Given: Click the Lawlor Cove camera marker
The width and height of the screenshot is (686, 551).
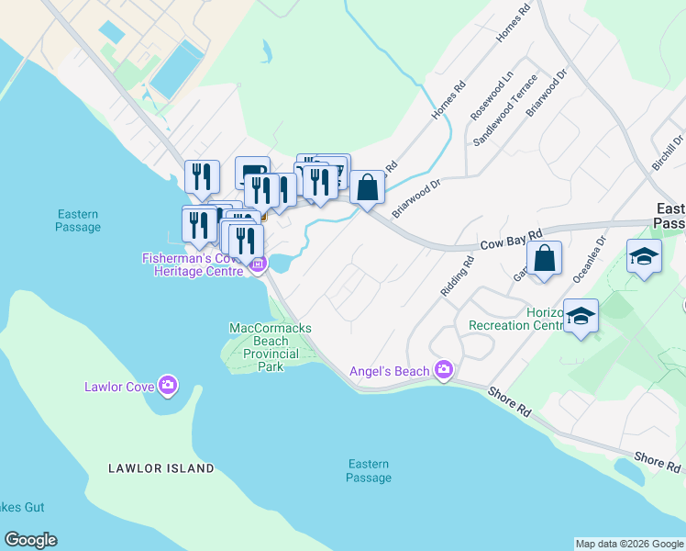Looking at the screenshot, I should coord(167,386).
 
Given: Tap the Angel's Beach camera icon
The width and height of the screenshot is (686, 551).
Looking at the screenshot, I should coord(444,370).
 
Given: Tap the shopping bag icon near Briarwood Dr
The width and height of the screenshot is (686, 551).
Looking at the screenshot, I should coord(367,187).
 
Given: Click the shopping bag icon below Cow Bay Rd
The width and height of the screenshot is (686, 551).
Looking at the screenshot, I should coord(544,257).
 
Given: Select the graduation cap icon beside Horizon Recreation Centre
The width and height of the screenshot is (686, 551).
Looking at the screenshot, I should coord(581,316).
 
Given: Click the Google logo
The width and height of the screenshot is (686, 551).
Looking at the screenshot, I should coord(30,540).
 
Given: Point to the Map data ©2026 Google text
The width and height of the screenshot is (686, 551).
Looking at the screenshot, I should coord(629,544).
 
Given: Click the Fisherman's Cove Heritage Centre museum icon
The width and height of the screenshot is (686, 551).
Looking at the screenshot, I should coord(258,266).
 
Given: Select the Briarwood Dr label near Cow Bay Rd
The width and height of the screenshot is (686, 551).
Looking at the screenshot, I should coord(417,197).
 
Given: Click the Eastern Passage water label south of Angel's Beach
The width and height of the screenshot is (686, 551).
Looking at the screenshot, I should coord(369,470).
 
